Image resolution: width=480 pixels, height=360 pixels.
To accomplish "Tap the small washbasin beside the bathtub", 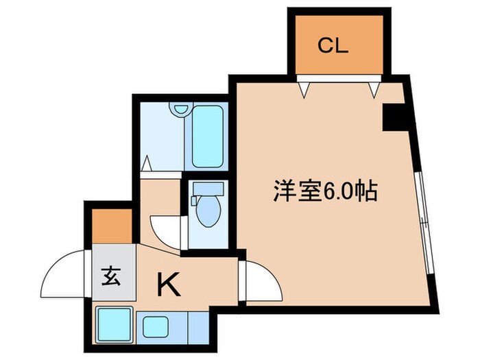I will click(180, 109).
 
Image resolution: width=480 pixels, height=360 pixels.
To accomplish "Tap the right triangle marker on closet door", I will click(374, 88).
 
